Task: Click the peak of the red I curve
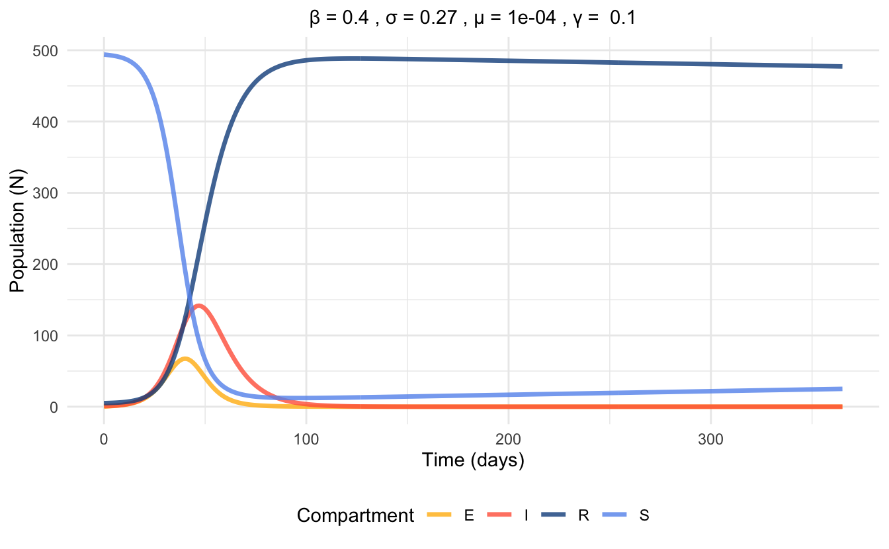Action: point(198,306)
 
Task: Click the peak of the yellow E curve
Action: point(185,359)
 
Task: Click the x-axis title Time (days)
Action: point(473,460)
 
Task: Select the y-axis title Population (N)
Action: point(18,229)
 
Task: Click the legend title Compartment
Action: point(355,515)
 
